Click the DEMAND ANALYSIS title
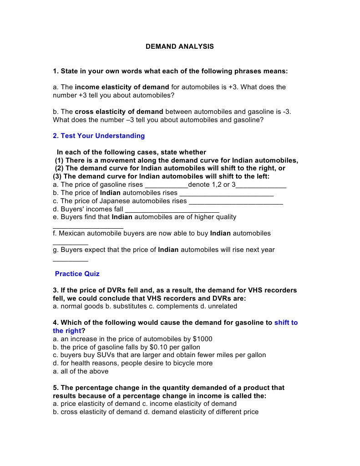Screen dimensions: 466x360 click(179, 46)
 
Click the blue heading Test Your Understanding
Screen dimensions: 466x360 click(99, 136)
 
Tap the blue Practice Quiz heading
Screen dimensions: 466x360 click(77, 274)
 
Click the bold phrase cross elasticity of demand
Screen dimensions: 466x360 click(119, 112)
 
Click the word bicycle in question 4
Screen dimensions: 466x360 click(182, 364)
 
